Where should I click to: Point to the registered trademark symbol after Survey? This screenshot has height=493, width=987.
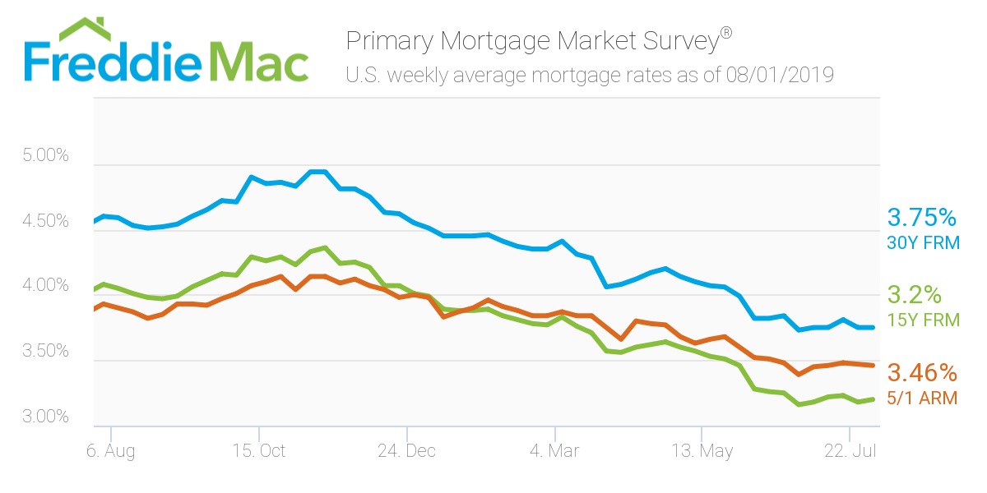tap(726, 34)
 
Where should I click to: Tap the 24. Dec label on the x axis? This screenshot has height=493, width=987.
tap(406, 451)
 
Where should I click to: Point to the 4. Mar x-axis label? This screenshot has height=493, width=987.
tap(555, 451)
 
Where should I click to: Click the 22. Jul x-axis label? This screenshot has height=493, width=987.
tap(848, 451)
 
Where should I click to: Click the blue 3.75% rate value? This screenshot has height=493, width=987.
tap(921, 218)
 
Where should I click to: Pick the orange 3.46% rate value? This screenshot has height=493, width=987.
tap(921, 373)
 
